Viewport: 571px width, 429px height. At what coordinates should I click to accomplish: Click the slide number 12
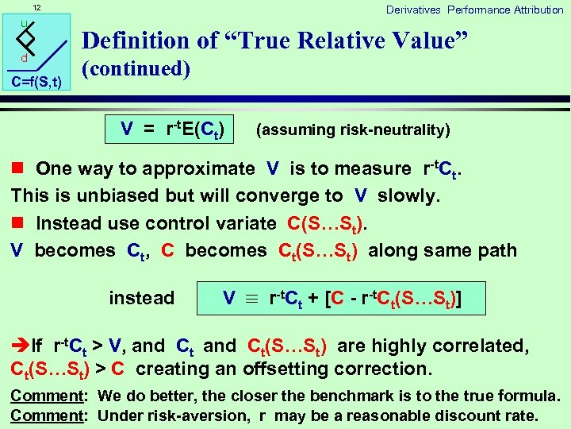tap(36, 9)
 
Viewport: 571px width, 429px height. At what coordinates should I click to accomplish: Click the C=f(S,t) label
tap(36, 81)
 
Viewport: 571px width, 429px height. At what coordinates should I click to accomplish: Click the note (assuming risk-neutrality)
tap(353, 129)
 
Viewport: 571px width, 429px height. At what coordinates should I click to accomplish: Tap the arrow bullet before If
tap(19, 346)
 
